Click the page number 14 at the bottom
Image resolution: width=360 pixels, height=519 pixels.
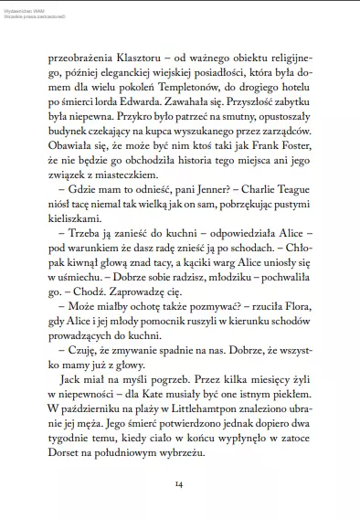click(179, 482)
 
